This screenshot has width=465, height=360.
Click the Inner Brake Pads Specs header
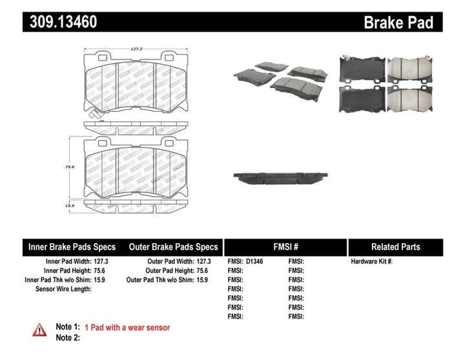tap(72, 247)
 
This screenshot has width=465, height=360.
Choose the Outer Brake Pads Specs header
tap(174, 247)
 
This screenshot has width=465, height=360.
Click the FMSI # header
tap(285, 247)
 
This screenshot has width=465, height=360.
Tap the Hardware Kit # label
tap(371, 262)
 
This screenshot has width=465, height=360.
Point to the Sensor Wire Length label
tap(63, 289)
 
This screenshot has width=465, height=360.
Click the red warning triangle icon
tap(39, 330)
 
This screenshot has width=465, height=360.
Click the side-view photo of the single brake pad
tap(283, 177)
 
